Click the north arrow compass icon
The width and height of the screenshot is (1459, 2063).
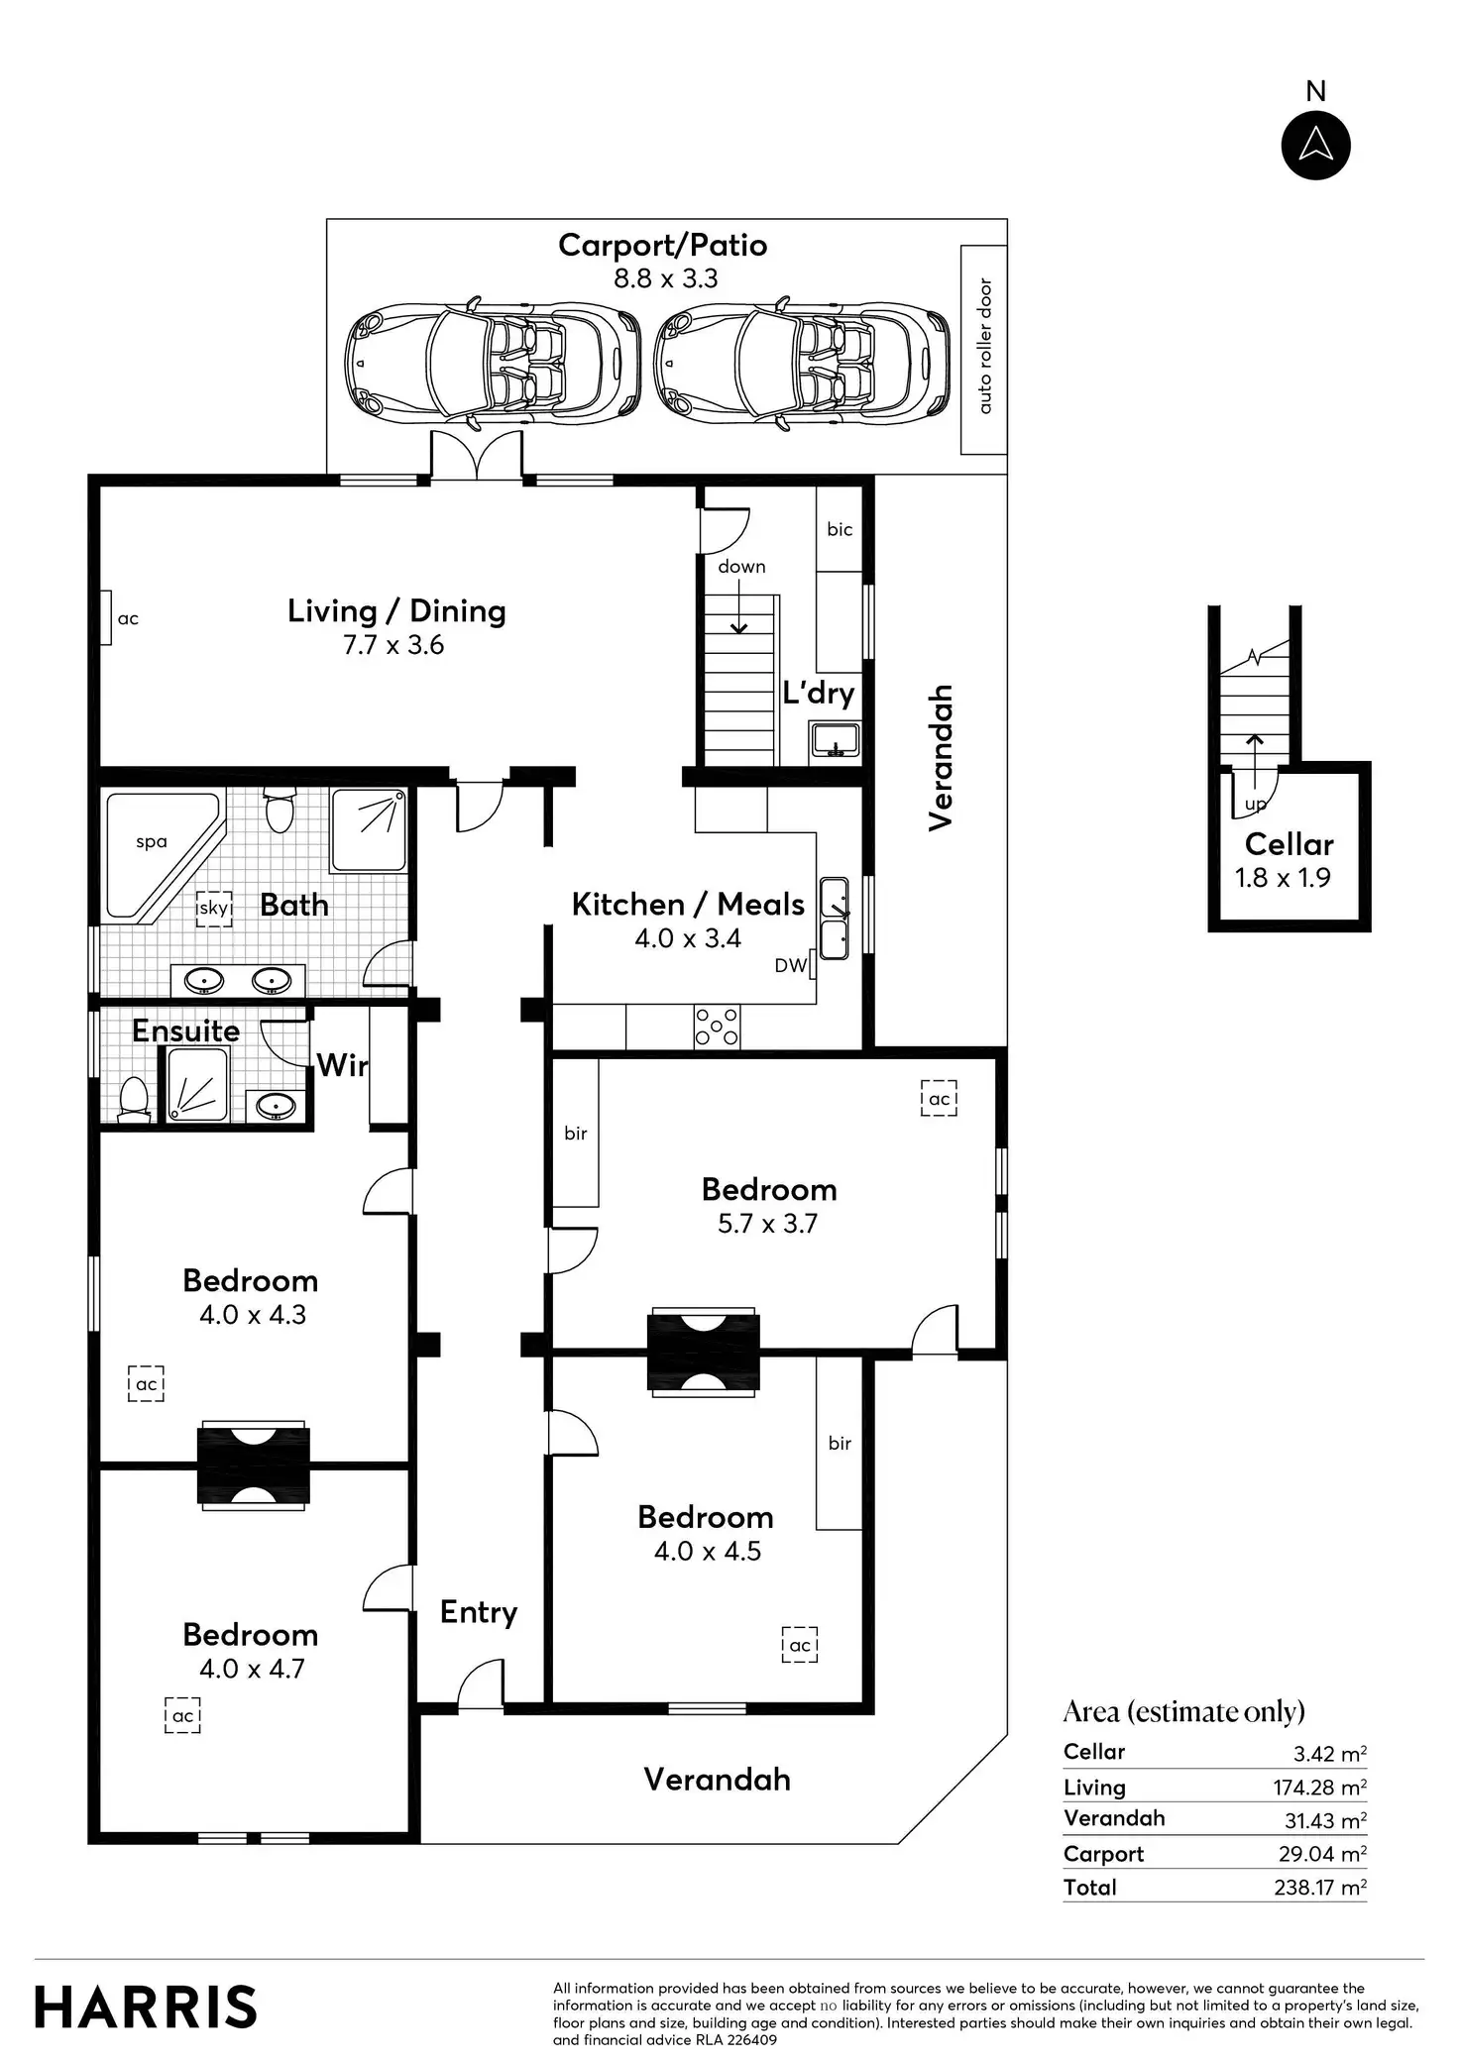point(1315,145)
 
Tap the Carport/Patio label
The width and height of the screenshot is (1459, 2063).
point(662,245)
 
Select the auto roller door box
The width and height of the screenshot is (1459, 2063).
point(983,350)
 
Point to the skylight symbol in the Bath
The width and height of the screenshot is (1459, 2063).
point(213,907)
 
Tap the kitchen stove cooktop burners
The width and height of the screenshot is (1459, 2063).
point(717,1026)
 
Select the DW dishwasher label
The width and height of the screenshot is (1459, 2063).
point(790,965)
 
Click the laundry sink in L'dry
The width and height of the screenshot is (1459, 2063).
point(835,739)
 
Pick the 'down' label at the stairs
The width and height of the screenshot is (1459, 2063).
point(741,567)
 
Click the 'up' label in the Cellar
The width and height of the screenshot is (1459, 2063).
point(1255,805)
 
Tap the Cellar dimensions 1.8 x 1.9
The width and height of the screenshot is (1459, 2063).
point(1283,878)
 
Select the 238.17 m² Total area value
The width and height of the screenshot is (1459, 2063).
point(1320,1887)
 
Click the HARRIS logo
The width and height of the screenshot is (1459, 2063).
point(146,2008)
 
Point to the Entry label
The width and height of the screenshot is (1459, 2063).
point(479,1612)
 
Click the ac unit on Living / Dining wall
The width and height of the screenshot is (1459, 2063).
point(105,617)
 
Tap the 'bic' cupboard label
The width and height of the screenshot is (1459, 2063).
point(840,529)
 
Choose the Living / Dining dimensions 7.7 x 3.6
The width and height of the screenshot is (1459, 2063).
point(393,645)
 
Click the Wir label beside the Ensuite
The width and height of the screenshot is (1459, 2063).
point(342,1065)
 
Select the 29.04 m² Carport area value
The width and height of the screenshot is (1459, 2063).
point(1322,1854)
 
